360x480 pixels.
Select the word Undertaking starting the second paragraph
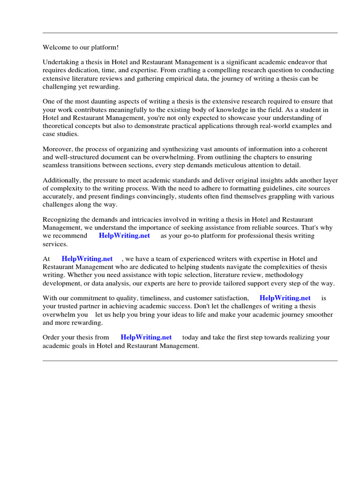(61, 62)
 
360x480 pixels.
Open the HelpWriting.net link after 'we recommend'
(124, 236)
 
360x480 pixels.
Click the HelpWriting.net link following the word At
(87, 259)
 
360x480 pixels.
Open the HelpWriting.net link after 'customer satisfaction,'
(285, 298)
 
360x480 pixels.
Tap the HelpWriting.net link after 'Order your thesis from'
(146, 337)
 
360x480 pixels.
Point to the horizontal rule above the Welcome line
(190, 33)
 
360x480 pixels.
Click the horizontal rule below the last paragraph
(190, 360)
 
